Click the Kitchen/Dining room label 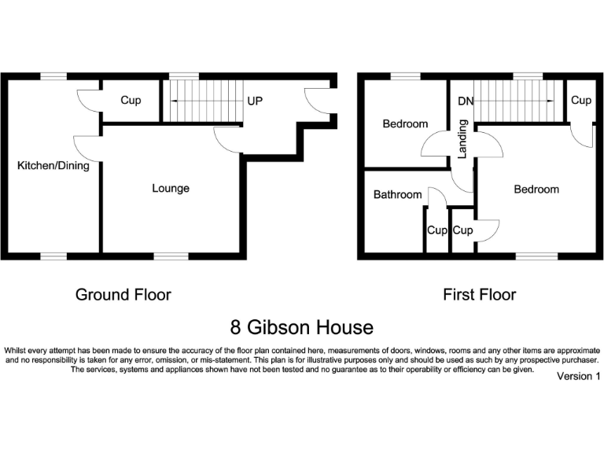point(53,166)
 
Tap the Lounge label point(171,189)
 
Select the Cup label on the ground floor point(131,101)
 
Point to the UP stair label point(255,101)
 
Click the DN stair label point(465,101)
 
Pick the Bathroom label point(397,194)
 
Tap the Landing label point(462,138)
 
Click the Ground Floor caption point(123,295)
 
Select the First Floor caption point(479,295)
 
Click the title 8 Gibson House point(302,326)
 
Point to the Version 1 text point(578,377)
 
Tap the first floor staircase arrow point(514,101)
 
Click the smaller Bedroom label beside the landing point(405,123)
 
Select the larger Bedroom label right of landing point(536,190)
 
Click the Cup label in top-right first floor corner point(581,101)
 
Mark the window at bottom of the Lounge point(171,256)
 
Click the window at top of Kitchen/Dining point(54,75)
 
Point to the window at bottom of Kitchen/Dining point(54,256)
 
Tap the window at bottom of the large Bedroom point(536,256)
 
